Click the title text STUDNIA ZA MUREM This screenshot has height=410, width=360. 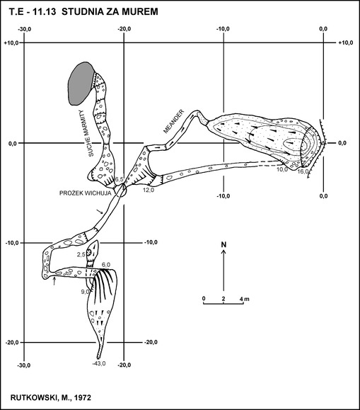point(110,12)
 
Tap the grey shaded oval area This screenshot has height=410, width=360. point(81,84)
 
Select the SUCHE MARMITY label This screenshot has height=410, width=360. point(86,133)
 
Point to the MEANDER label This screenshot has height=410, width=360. point(173,121)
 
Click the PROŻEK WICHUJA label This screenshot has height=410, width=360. point(86,193)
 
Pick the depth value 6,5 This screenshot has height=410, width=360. point(119,180)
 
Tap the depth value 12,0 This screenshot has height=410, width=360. point(149,190)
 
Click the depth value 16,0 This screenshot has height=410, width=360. point(303,171)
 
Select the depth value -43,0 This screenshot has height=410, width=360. point(99,363)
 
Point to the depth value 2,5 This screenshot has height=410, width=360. point(81,254)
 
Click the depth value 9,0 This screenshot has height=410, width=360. point(86,291)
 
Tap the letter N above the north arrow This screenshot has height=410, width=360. point(223,244)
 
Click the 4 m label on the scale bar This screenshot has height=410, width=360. point(245,299)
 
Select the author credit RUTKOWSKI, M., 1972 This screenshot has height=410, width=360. point(51,398)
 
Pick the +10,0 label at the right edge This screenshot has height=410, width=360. point(346,42)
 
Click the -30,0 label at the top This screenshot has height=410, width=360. point(24,29)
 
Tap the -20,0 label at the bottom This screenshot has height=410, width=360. point(124,365)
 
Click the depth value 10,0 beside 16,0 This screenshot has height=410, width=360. point(282,169)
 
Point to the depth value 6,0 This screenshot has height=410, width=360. point(106,264)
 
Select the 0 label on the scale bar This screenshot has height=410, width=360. point(204,299)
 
